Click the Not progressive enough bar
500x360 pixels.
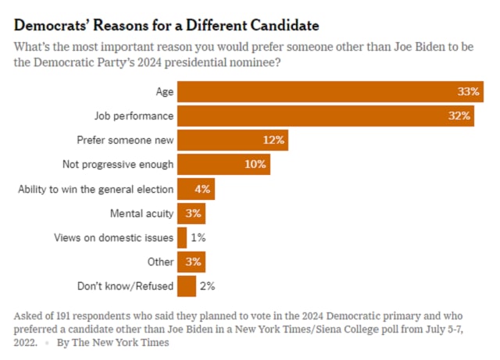[223, 165]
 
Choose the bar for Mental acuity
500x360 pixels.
[191, 213]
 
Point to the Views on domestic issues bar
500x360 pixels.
[182, 237]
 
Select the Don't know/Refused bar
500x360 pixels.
[187, 286]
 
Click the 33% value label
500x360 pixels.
[469, 91]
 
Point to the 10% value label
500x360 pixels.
[255, 165]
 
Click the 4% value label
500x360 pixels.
[202, 189]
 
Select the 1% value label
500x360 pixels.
[198, 237]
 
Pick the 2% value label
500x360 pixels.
[207, 286]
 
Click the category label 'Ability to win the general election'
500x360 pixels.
[95, 189]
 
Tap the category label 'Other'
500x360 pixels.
[160, 262]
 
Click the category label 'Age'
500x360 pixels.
[164, 91]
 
